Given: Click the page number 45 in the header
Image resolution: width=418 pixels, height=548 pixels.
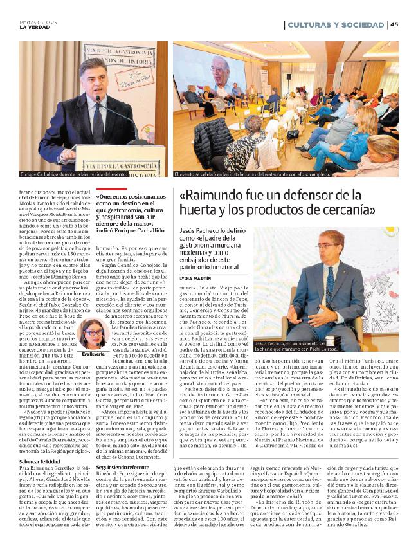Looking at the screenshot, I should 395,24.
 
